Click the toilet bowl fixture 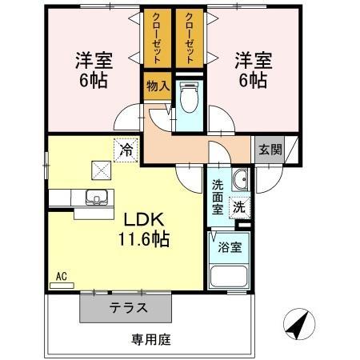[x=189, y=97]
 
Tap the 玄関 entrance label [x=270, y=150]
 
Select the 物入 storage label [x=158, y=86]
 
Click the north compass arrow [x=299, y=324]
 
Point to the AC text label [x=62, y=276]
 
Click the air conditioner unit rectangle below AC [x=62, y=286]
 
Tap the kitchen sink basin [x=97, y=198]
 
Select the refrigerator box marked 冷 [x=126, y=150]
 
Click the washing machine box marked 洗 [x=239, y=208]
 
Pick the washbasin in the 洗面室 [x=240, y=179]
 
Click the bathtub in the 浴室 [x=229, y=276]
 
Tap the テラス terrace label [x=128, y=308]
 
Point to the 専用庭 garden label [x=151, y=339]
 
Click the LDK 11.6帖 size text [x=144, y=238]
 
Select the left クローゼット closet [x=158, y=38]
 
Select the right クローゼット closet [x=190, y=38]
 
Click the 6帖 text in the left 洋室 [x=94, y=80]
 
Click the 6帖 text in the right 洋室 [x=253, y=80]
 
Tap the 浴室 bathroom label [x=230, y=247]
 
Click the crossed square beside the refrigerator [x=102, y=170]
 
